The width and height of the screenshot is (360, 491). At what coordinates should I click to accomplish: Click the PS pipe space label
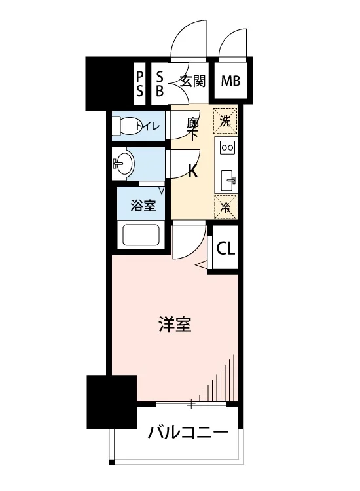(x=139, y=83)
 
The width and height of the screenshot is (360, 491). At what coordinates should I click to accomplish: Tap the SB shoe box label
(x=160, y=83)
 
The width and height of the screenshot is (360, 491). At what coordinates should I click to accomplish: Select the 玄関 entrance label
(x=193, y=81)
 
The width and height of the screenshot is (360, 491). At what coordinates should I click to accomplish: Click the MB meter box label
(x=230, y=81)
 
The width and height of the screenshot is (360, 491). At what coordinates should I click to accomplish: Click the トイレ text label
(x=148, y=126)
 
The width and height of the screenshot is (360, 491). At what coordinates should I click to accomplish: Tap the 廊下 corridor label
(x=192, y=129)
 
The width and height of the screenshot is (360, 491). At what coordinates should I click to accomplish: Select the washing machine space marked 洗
(x=225, y=121)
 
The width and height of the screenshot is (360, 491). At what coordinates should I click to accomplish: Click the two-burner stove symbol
(x=227, y=147)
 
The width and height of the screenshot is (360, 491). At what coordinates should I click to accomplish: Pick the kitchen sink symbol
(x=228, y=181)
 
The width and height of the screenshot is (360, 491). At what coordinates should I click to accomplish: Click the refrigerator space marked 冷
(x=225, y=207)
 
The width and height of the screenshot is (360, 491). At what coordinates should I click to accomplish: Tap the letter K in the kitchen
(x=192, y=172)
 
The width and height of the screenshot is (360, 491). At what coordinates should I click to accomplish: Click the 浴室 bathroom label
(x=143, y=206)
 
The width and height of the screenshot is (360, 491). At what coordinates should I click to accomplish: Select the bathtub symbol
(x=141, y=235)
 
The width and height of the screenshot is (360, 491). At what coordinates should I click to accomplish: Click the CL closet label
(x=226, y=249)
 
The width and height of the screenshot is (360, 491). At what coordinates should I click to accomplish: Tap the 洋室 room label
(x=175, y=325)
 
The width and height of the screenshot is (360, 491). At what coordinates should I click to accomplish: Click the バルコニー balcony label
(x=188, y=433)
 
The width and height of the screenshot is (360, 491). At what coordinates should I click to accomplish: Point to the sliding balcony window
(x=191, y=405)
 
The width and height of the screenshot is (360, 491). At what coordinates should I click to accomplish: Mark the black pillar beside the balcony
(x=112, y=402)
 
